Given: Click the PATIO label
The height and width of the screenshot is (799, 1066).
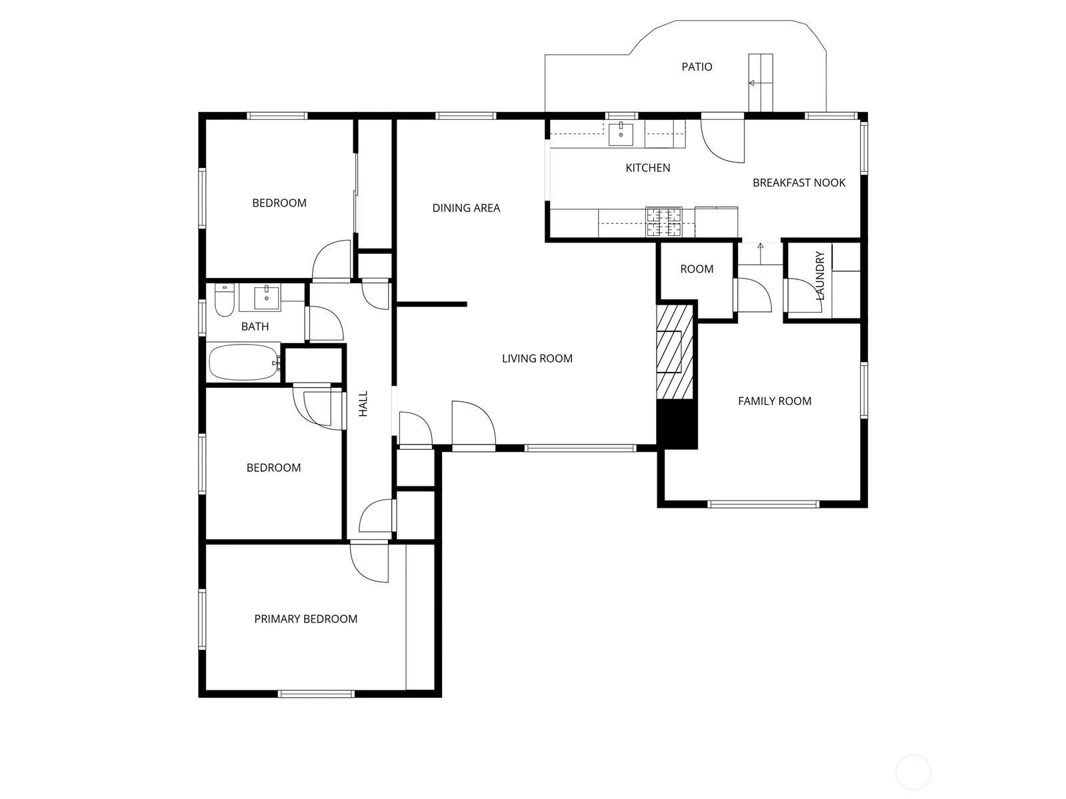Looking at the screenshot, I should click(697, 67).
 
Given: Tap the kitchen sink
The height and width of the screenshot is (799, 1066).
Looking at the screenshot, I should click(621, 134).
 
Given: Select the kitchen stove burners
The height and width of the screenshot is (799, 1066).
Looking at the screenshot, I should click(664, 223).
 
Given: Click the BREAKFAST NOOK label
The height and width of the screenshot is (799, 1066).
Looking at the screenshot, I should click(799, 183).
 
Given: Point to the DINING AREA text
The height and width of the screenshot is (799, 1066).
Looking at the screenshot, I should click(466, 208).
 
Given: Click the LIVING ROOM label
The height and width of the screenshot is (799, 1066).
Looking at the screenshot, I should click(537, 359).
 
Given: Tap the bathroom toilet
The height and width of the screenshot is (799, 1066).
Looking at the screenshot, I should click(224, 303).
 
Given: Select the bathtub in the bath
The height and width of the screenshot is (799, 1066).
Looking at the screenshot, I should click(244, 363).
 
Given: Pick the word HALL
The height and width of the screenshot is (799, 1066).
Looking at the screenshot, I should click(363, 404).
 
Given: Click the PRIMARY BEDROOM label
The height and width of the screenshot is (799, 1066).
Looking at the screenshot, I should click(305, 619).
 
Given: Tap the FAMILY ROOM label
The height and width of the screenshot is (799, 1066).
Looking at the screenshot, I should click(774, 401).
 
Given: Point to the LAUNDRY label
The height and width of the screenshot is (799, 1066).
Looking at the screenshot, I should click(821, 275).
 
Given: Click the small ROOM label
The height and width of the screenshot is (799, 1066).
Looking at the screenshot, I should click(697, 269).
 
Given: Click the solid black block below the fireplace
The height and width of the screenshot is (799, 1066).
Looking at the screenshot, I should click(677, 424).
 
